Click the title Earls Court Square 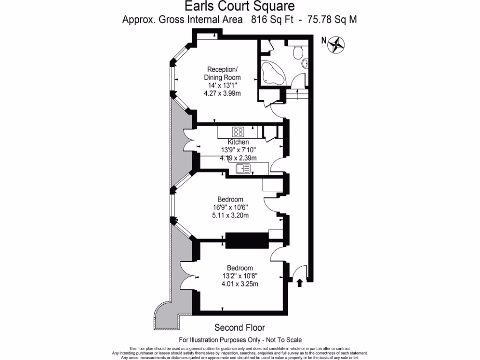pyautogui.click(x=240, y=7)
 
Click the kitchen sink pyautogui.click(x=243, y=168)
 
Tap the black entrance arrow pyautogui.click(x=300, y=282)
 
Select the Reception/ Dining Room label pyautogui.click(x=223, y=74)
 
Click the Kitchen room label pyautogui.click(x=238, y=142)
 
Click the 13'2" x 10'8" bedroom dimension pyautogui.click(x=240, y=276)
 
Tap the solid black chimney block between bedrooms pyautogui.click(x=247, y=240)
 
